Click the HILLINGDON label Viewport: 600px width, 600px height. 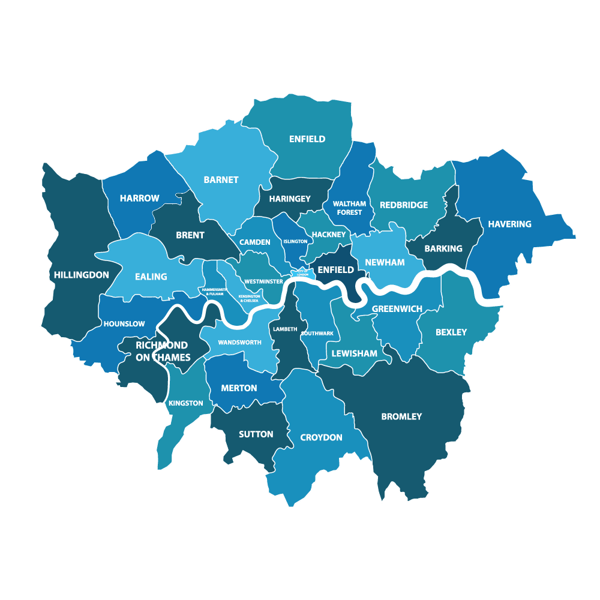[x=82, y=275]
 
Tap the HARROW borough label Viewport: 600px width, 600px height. [x=140, y=198]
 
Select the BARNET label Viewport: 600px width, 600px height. [x=221, y=179]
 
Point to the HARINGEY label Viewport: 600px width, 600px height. [x=290, y=199]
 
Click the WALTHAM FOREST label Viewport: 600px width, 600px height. [x=349, y=208]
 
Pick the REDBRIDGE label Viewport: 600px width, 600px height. [x=404, y=205]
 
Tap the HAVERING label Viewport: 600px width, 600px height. [x=509, y=224]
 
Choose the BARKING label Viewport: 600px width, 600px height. [x=443, y=248]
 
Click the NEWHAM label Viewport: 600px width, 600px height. [x=385, y=262]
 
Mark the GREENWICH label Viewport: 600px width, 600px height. [x=397, y=308]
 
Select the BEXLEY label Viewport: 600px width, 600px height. [x=451, y=332]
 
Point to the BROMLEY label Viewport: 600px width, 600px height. [x=401, y=416]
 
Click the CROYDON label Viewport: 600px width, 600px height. [x=321, y=437]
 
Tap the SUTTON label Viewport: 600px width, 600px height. [x=256, y=434]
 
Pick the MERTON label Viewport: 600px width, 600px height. [x=239, y=388]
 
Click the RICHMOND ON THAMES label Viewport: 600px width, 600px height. [x=162, y=351]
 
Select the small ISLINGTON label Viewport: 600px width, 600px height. [x=295, y=241]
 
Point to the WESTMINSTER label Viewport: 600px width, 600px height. [x=263, y=281]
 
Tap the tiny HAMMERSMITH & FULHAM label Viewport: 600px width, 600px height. [x=213, y=292]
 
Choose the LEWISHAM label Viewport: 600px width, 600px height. [x=355, y=353]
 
